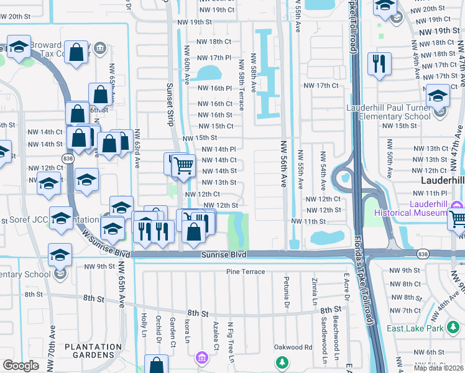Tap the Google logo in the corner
point(21,366)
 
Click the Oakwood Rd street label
point(293,347)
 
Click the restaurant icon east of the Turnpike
point(379,64)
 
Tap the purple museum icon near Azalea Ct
point(201,358)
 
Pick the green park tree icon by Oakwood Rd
point(282,361)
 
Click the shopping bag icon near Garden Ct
point(156,364)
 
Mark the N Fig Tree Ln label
point(231,341)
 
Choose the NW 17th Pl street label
point(214,58)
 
